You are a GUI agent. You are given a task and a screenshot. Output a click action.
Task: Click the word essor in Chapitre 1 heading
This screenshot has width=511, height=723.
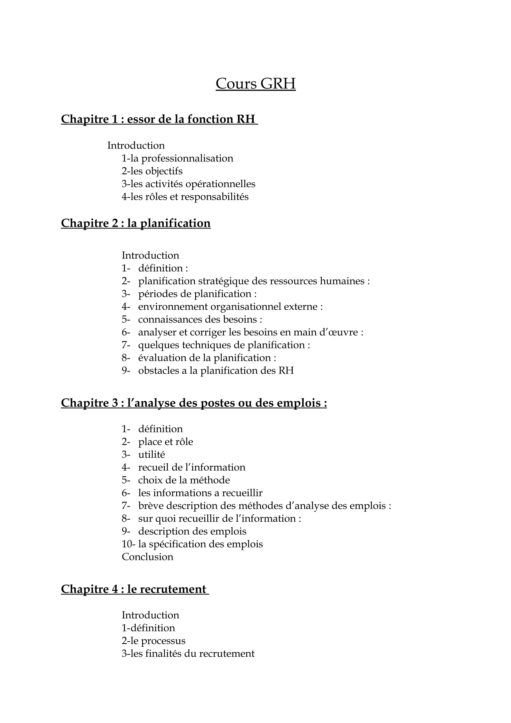141,119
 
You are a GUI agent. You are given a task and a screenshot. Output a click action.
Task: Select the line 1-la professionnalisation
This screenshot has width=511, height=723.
177,158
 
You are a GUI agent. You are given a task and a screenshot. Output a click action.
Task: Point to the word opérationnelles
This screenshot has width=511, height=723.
220,184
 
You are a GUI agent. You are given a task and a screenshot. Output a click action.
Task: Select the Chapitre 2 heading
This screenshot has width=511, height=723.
136,223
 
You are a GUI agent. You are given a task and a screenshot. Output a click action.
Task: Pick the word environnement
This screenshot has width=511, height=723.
172,307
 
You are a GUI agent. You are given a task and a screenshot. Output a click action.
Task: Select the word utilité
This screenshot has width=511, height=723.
151,455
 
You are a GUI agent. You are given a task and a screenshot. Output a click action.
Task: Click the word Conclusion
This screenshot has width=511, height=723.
147,557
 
